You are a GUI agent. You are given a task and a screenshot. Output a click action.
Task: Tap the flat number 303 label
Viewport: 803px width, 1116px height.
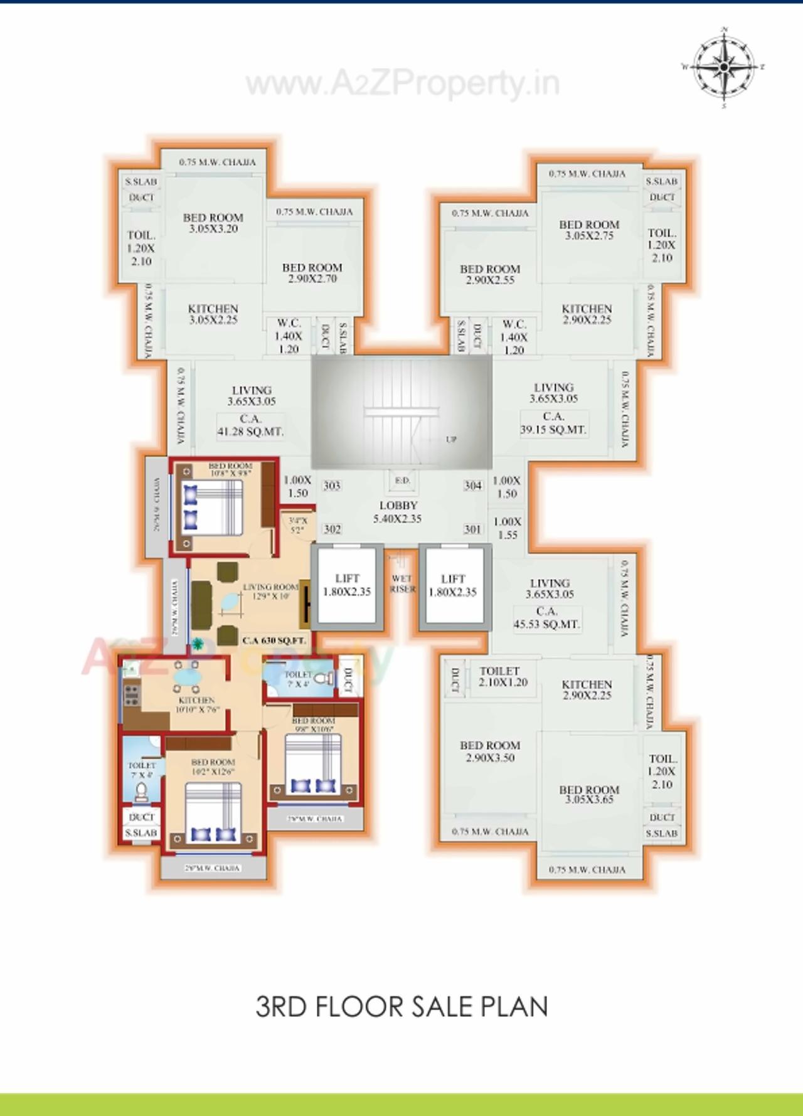coord(332,486)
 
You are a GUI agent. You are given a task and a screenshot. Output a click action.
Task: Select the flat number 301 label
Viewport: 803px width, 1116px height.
coord(472,529)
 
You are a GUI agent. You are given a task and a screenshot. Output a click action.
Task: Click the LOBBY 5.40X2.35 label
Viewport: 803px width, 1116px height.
coord(398,512)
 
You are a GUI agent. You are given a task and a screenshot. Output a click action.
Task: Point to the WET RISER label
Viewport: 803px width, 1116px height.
coord(402,583)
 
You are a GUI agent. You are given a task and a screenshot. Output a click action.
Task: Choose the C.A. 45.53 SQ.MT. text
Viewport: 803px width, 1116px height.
coord(547,618)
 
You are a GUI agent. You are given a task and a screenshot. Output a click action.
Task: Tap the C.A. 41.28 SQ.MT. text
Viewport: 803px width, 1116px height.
coord(250,425)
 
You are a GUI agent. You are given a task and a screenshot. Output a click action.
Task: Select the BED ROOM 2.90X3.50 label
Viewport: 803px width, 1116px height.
coord(490,751)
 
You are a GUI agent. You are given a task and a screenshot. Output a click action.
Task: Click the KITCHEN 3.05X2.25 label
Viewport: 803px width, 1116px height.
coord(213,314)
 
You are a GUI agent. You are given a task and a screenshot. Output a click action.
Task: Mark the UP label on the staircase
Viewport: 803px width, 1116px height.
coord(451,440)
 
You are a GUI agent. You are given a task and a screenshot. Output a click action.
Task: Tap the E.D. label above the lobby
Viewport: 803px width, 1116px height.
coord(402,481)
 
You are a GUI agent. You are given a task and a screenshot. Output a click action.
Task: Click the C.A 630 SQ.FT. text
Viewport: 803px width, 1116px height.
coord(275,641)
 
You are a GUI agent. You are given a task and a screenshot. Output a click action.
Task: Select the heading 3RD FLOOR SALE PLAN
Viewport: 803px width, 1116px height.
coord(401,1006)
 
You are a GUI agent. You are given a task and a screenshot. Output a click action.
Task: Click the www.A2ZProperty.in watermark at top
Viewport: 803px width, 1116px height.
coord(401,83)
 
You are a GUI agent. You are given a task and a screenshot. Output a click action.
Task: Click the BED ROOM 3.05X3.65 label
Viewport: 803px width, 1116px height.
coord(589,794)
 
